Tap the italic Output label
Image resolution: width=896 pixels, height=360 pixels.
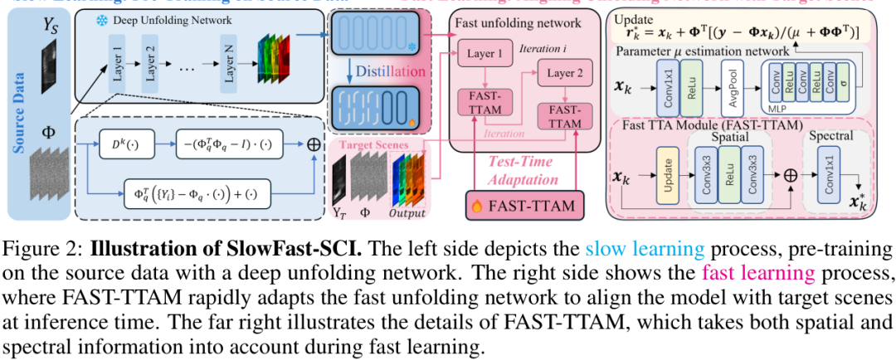tap(408, 213)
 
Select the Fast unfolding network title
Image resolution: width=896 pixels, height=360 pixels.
tap(519, 23)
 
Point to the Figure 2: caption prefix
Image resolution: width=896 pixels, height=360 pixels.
tap(42, 250)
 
